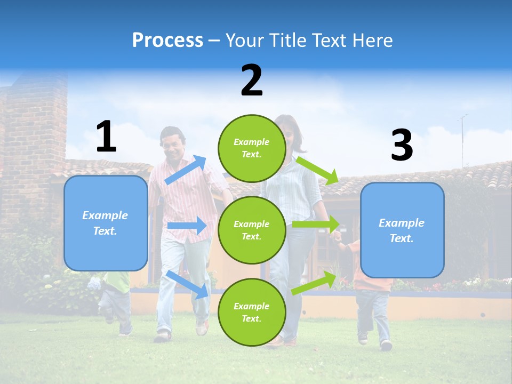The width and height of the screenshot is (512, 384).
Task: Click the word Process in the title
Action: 167,40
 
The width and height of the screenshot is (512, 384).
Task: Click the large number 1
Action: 106,137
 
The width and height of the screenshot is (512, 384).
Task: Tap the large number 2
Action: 252,81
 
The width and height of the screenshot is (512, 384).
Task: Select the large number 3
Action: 402,146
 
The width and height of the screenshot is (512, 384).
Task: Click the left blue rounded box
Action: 106,223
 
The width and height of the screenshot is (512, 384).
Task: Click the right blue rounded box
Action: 402,230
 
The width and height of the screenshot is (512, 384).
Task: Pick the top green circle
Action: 251,148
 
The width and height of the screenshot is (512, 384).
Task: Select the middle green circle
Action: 251,230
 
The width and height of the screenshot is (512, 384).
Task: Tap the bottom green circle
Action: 251,312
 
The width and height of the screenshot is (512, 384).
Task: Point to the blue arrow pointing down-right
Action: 187,284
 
